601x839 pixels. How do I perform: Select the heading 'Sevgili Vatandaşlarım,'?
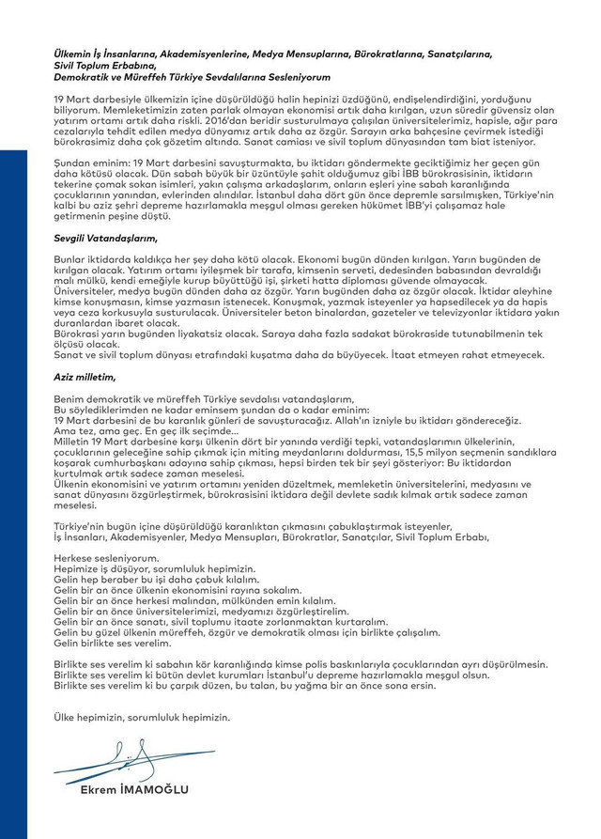[96, 240]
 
